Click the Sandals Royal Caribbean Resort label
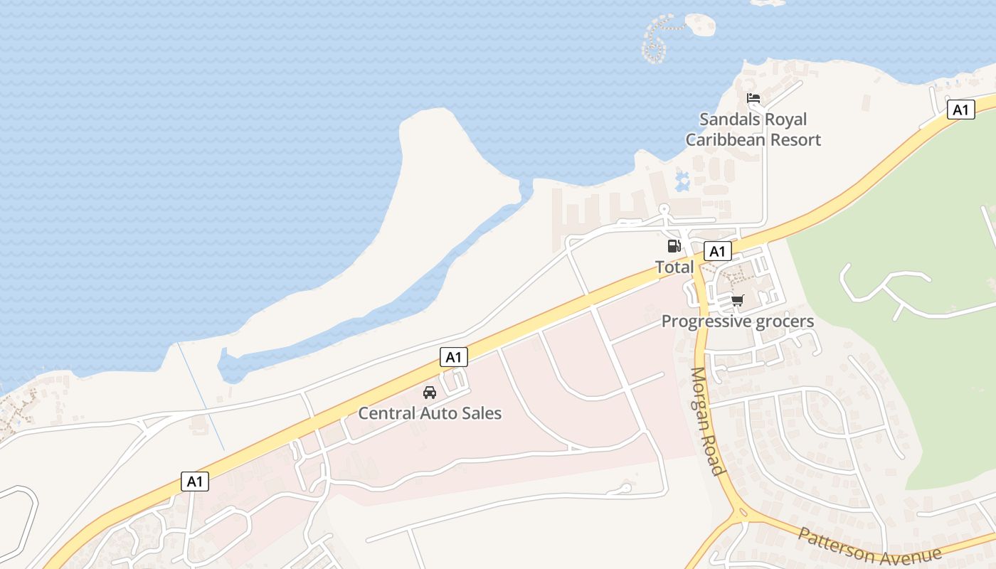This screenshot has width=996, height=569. pos(753,129)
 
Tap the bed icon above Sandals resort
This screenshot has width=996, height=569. pos(753,98)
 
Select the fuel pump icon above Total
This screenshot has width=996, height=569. pos(673,246)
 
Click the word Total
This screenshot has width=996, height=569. pos(674,267)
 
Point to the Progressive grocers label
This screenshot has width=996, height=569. pos(737,321)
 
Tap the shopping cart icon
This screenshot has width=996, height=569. pos(737,301)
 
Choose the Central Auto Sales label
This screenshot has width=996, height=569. pos(430,413)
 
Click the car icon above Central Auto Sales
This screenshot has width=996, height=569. pos(430,393)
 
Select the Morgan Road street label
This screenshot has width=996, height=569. pos(708,421)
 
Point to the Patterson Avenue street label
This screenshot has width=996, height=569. pos(870,548)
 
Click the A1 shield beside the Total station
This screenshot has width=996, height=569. pos(717,251)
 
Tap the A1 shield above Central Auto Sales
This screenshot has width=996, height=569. pos(454,357)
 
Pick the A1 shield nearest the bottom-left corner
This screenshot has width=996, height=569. pos(195,482)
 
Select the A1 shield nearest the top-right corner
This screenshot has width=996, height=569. pos(960,110)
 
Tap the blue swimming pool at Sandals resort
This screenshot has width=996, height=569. pos(683,181)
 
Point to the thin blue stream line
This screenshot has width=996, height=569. pos(201,398)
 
